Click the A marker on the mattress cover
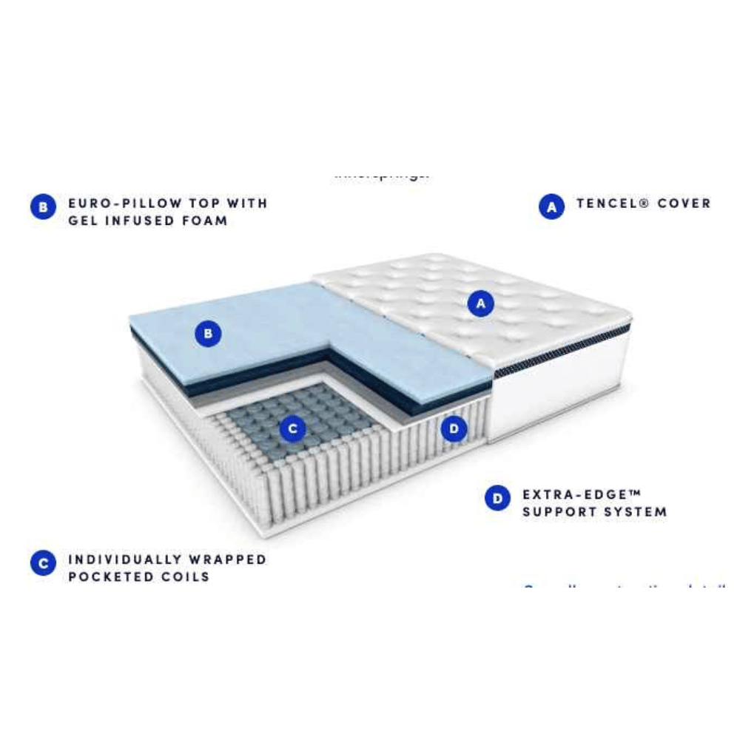tap(481, 303)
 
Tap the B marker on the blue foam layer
tap(208, 334)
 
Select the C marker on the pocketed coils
tap(293, 428)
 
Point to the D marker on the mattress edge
tap(454, 428)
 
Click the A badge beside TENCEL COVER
tap(551, 207)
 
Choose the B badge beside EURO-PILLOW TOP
tap(44, 207)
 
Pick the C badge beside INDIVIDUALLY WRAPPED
tap(44, 563)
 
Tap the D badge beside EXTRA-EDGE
tap(497, 498)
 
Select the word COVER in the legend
tap(684, 203)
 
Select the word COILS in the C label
tap(185, 577)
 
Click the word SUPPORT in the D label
tap(559, 512)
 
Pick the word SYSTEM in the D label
tap(637, 512)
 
